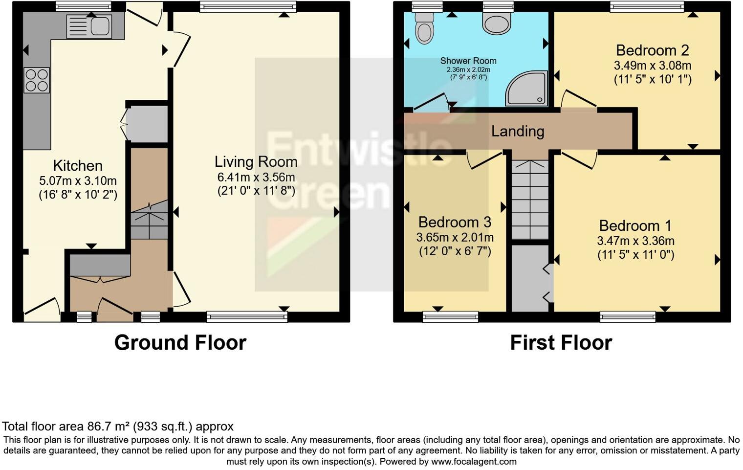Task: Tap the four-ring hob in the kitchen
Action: tap(37, 80)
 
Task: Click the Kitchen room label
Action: tap(78, 165)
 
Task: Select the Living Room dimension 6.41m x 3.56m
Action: tap(256, 177)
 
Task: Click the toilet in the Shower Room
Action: tap(424, 28)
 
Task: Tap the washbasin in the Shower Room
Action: tap(497, 23)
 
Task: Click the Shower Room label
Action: tap(468, 61)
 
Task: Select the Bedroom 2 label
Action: tap(652, 50)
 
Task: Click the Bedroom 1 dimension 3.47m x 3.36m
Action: tap(635, 241)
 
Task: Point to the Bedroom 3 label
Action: tap(455, 222)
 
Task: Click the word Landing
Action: tap(518, 131)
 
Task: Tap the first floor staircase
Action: tap(530, 200)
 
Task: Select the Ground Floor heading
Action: tap(180, 343)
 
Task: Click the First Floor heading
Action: tap(561, 343)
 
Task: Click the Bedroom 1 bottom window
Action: tap(628, 316)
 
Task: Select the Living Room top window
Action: tap(248, 6)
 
